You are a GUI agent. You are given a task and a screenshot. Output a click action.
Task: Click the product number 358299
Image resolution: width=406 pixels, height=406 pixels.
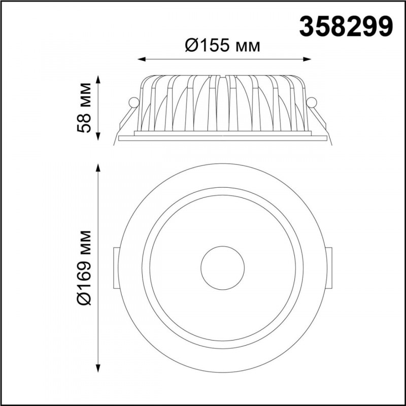[x=346, y=27]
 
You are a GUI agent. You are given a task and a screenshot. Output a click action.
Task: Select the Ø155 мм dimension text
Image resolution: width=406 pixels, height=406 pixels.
[x=222, y=46]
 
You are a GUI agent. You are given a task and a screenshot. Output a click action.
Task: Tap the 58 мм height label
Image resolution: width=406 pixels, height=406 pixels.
[x=84, y=108]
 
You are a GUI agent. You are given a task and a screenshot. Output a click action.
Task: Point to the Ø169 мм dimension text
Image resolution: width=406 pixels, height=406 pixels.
[x=84, y=268]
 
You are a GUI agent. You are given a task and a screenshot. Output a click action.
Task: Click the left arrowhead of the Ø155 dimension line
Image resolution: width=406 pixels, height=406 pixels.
[x=142, y=59]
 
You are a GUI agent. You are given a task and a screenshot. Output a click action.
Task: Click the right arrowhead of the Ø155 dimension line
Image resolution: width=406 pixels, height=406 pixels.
[x=307, y=59]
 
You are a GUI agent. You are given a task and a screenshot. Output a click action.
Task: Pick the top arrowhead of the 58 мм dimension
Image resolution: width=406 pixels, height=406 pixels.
[x=98, y=79]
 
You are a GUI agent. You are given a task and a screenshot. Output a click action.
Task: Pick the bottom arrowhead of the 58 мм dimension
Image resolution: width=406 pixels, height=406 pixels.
[x=98, y=137]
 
